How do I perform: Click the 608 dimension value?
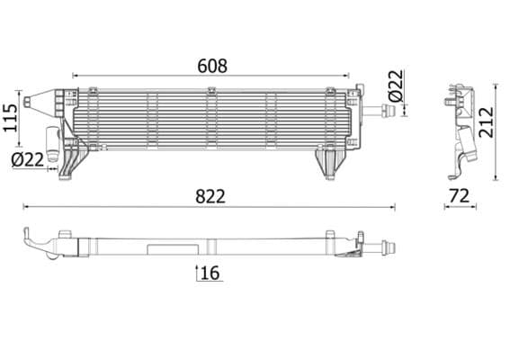[x=212, y=66]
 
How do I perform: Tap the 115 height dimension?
[x=10, y=117]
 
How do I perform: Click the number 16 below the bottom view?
[x=210, y=273]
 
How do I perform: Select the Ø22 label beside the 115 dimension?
[x=28, y=159]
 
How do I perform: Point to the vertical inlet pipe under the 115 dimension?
[x=52, y=146]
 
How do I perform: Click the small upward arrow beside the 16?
[x=196, y=273]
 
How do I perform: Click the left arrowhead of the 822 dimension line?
[x=26, y=207]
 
